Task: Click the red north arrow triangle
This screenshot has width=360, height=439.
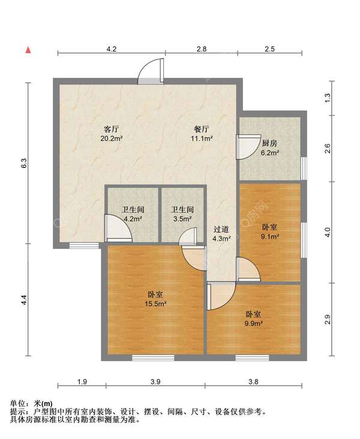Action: click(x=28, y=50)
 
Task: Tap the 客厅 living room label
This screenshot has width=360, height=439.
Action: click(x=111, y=129)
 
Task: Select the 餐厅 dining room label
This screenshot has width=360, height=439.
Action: click(x=202, y=129)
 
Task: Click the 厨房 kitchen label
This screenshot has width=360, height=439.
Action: click(x=269, y=143)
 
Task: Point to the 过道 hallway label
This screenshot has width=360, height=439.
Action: click(x=221, y=229)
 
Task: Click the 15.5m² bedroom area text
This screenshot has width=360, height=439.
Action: click(x=156, y=303)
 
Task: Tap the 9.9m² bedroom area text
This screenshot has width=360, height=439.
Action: click(x=254, y=323)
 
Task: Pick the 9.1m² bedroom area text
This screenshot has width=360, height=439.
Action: click(x=270, y=236)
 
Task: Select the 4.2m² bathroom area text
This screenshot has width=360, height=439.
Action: click(x=133, y=219)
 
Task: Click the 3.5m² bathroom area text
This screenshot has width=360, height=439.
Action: click(x=182, y=219)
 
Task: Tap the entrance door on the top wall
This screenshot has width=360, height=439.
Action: click(x=151, y=71)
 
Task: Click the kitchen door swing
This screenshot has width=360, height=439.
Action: click(x=248, y=147)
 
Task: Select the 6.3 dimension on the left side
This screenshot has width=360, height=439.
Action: click(x=24, y=163)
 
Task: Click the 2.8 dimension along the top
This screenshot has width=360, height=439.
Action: click(x=202, y=49)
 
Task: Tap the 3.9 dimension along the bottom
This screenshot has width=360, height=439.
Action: click(x=155, y=381)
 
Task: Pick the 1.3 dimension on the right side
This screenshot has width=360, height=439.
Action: click(x=328, y=98)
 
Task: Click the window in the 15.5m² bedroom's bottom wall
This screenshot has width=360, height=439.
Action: click(x=153, y=357)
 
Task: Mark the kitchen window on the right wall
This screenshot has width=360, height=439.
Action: click(x=304, y=169)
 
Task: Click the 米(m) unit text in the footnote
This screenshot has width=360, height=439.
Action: click(x=43, y=404)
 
